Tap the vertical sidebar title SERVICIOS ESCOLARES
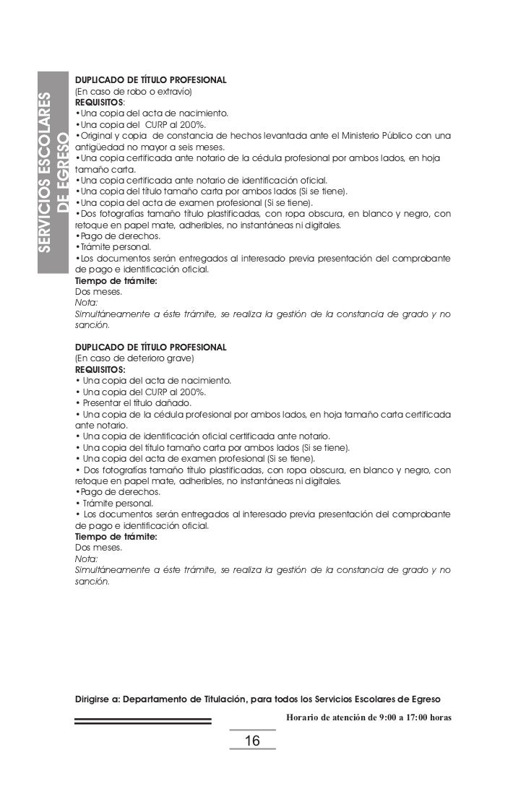46,172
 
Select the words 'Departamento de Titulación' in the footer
194,700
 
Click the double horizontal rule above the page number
143,720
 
